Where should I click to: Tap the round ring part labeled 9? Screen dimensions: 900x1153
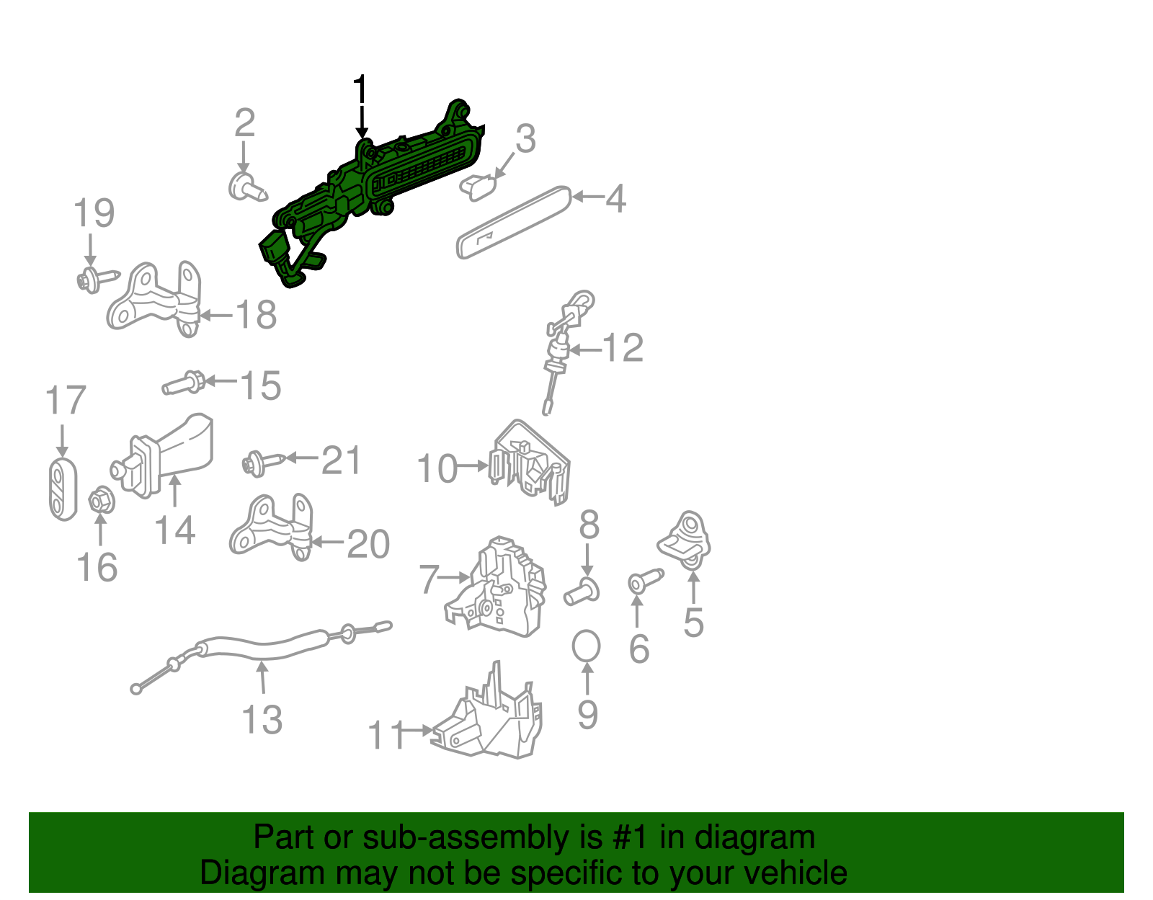coord(586,646)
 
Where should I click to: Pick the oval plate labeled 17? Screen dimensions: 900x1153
coord(63,489)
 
